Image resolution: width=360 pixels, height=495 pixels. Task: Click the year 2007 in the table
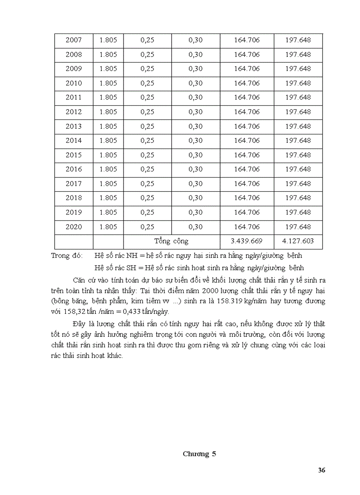(x=74, y=40)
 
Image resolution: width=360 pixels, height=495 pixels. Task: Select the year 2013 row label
(x=74, y=127)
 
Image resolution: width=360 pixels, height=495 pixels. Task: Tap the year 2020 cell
(x=74, y=227)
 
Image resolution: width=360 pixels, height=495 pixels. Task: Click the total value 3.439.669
(x=247, y=242)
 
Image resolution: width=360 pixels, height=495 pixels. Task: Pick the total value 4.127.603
(x=298, y=242)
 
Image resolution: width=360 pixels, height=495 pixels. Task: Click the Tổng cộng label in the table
(x=171, y=241)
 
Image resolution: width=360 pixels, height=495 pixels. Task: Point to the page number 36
(x=322, y=470)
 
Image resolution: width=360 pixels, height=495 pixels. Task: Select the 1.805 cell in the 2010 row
(x=108, y=83)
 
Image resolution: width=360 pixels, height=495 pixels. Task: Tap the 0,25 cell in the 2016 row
(x=147, y=169)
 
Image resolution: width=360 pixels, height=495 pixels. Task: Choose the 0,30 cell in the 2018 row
(x=195, y=198)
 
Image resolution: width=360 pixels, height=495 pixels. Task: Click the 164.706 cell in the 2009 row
(x=247, y=69)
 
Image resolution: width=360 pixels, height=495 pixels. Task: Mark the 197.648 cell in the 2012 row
(x=298, y=112)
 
